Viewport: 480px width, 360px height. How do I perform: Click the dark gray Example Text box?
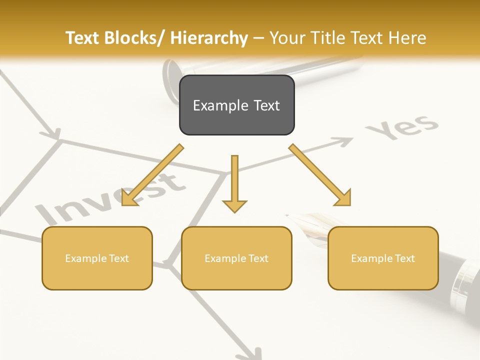click(236, 105)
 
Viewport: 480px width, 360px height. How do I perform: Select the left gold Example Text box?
click(97, 258)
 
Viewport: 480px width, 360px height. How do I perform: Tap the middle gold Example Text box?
click(236, 258)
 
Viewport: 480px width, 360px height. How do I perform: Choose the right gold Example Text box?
click(383, 258)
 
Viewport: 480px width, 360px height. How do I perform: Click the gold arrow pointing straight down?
click(234, 185)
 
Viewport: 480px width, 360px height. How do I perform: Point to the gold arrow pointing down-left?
click(150, 177)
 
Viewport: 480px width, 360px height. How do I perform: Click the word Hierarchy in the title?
click(209, 38)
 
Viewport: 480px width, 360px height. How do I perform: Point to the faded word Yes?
click(402, 127)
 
